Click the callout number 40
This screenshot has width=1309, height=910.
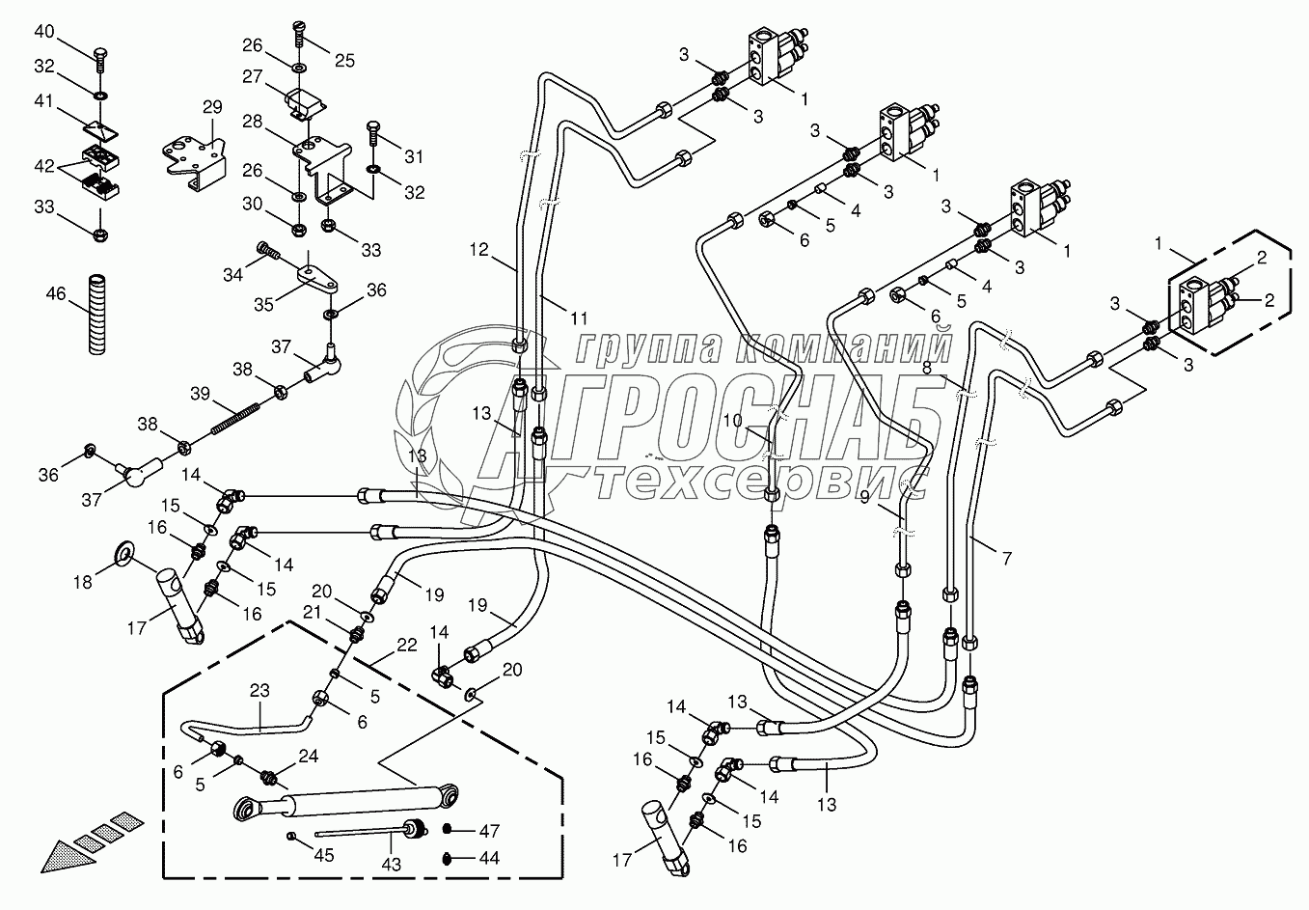click(x=45, y=32)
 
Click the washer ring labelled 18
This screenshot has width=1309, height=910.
click(x=124, y=552)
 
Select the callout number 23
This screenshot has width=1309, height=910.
click(x=259, y=690)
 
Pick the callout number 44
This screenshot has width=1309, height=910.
click(x=489, y=858)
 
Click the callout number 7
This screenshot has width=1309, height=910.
click(x=1006, y=558)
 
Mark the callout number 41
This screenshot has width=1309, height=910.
click(x=45, y=99)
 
